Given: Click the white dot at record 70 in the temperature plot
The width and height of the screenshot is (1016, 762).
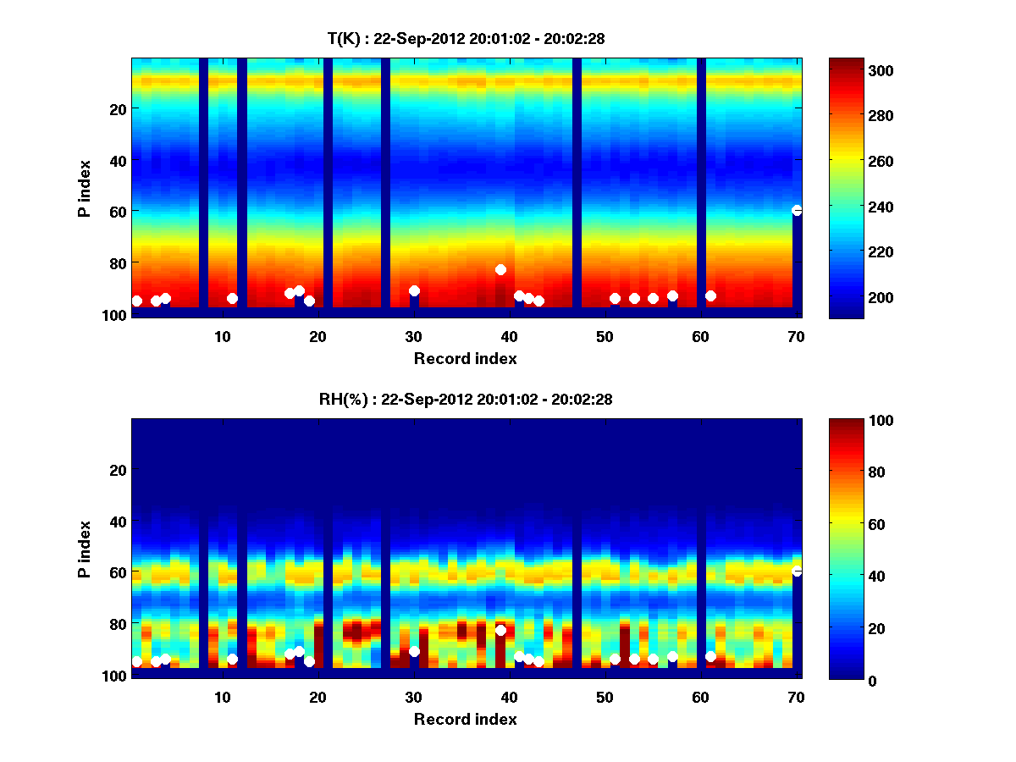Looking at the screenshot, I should click(x=797, y=210).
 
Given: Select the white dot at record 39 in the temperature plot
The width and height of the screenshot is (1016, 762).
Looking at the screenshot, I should click(x=500, y=269).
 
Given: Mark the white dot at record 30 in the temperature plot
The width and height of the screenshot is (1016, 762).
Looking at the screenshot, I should click(x=414, y=290).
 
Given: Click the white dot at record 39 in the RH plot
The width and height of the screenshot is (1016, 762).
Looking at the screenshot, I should click(x=500, y=630).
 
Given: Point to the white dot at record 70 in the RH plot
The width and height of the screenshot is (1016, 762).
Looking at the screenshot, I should click(x=797, y=571).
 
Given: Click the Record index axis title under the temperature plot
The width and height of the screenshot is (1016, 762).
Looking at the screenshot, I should click(x=466, y=358).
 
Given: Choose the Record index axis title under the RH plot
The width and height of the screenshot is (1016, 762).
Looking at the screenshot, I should click(x=466, y=719).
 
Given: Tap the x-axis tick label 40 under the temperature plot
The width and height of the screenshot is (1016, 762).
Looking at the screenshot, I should click(x=509, y=336).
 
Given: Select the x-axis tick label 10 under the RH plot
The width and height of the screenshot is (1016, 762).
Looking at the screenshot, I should click(x=222, y=697).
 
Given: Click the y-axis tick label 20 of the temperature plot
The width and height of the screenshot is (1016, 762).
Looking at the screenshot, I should click(x=118, y=109).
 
